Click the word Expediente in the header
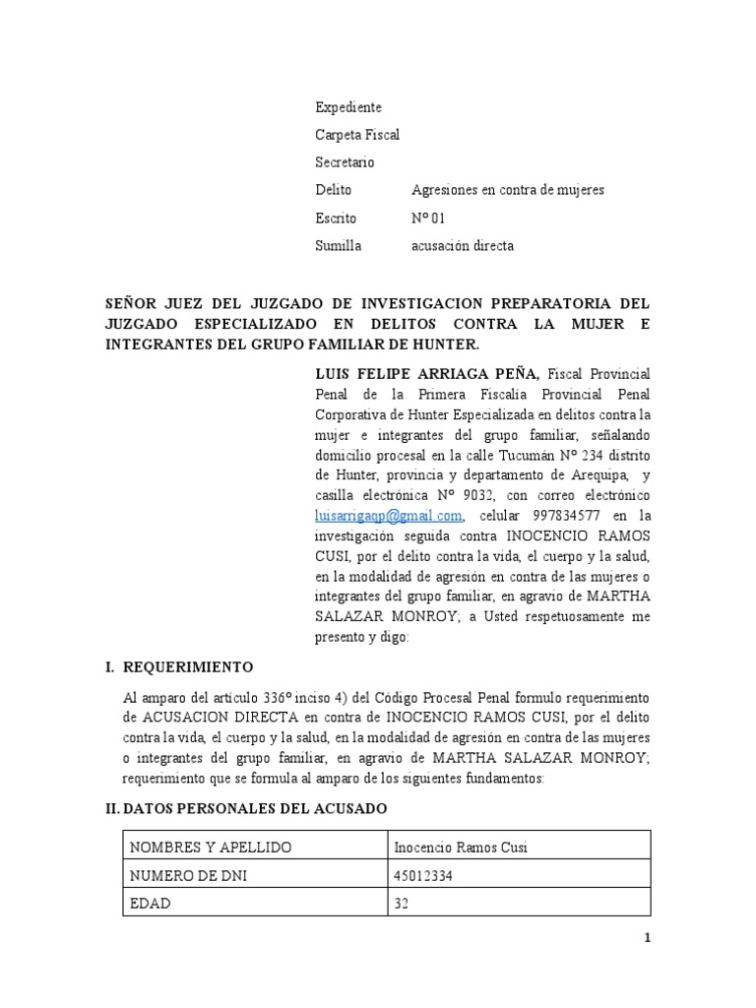[347, 107]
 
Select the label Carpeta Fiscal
[356, 135]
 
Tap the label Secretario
[344, 162]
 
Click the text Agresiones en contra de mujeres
[507, 190]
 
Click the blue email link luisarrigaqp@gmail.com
[388, 516]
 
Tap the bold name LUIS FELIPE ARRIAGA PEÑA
[425, 374]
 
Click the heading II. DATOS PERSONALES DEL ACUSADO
[246, 808]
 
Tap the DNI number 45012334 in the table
[421, 875]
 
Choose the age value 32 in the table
[402, 903]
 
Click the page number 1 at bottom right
[647, 938]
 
